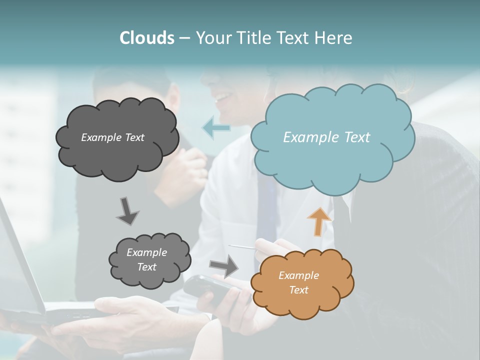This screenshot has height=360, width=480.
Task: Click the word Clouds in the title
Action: click(x=146, y=38)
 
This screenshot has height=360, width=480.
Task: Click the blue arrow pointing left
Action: click(x=216, y=128)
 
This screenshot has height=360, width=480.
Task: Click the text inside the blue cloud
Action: click(x=326, y=137)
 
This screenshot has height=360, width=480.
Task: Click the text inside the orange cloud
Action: click(x=298, y=282)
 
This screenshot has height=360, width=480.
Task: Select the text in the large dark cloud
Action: click(x=112, y=137)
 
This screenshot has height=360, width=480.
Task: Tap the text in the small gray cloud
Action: click(x=146, y=259)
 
